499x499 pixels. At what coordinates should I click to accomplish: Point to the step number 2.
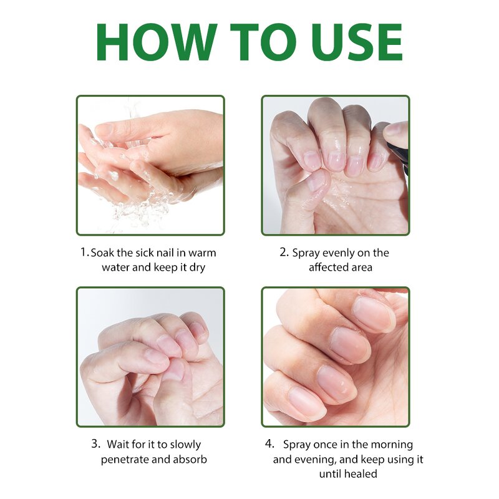click(283, 253)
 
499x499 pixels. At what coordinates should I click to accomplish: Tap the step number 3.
click(95, 444)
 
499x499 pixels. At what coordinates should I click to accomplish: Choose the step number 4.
click(269, 444)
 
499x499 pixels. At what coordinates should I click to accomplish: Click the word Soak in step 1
click(104, 253)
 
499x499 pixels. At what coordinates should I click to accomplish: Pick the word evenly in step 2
click(336, 253)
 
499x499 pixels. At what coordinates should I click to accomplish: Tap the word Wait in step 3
click(118, 444)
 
